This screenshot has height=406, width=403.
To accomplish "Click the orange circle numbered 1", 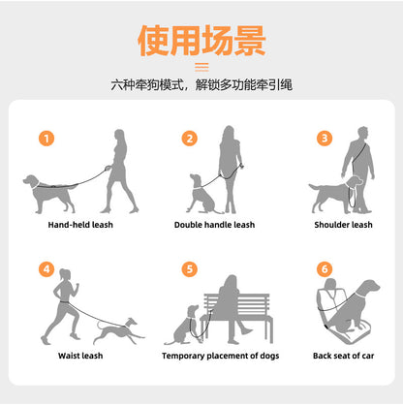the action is click(x=46, y=139).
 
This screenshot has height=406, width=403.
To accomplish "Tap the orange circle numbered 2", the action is click(x=190, y=139).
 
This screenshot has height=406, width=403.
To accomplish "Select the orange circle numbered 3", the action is click(x=325, y=139).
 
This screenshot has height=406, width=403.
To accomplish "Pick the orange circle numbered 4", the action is click(x=46, y=269).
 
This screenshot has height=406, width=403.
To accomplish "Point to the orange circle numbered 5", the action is click(x=190, y=269).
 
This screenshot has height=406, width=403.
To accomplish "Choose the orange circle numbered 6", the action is click(x=325, y=269).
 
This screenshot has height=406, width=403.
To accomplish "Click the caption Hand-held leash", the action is click(x=80, y=225).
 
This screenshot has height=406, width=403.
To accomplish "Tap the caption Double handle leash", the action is click(x=214, y=225).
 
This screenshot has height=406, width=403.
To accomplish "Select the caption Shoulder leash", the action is click(x=343, y=225).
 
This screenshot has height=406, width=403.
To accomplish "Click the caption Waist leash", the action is click(x=80, y=356).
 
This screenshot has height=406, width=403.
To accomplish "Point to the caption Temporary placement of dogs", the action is click(x=221, y=356).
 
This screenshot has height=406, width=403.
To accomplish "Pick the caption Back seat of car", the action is click(x=343, y=356).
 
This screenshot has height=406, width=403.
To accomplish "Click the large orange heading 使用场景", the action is click(x=201, y=41).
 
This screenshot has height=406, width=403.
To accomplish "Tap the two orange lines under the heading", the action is click(x=201, y=67).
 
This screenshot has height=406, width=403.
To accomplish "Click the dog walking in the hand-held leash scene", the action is click(x=50, y=194).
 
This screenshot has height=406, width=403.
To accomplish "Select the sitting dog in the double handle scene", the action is click(x=202, y=196).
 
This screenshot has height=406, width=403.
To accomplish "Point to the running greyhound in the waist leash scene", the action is click(x=119, y=331).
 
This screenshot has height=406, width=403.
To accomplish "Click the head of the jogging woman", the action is click(x=65, y=275).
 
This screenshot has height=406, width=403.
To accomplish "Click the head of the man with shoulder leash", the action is click(x=362, y=133).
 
